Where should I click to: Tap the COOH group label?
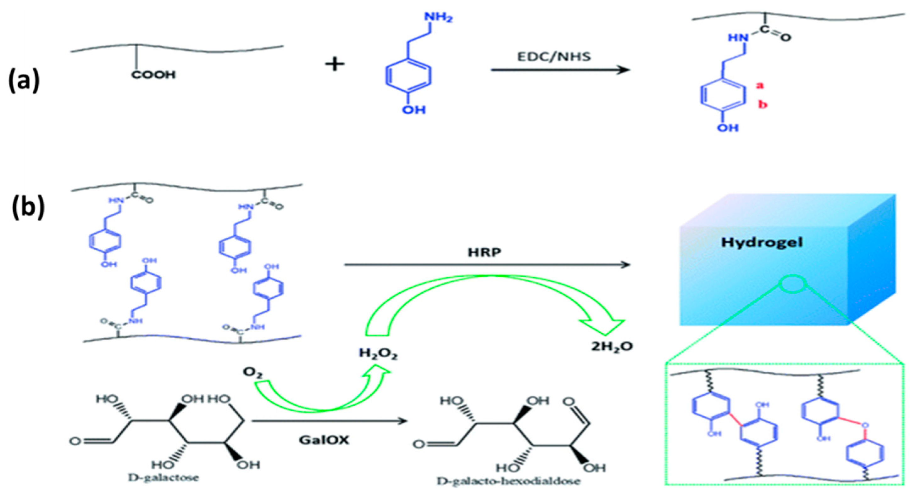tap(153, 75)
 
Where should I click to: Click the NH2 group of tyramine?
tap(438, 17)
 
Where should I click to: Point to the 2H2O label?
tap(612, 346)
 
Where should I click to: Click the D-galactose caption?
tap(164, 478)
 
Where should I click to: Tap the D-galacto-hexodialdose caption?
tap(508, 482)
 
